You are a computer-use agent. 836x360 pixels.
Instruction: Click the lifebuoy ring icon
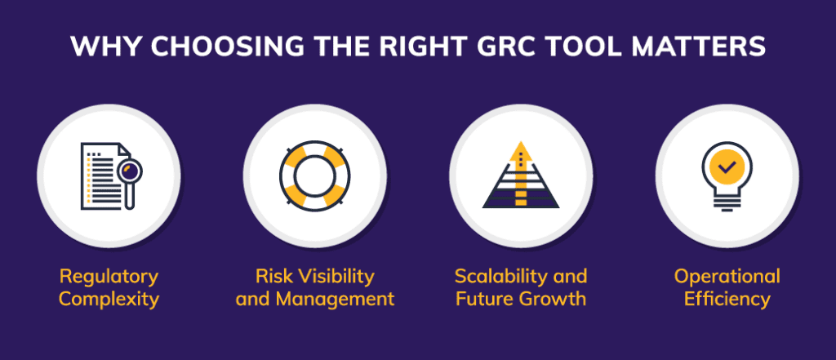point(314,176)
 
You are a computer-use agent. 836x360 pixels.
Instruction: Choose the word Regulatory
point(109,276)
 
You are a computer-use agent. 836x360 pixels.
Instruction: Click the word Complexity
point(109,299)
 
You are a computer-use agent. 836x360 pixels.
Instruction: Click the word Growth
point(554,299)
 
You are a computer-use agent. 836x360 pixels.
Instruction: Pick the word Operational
point(727,276)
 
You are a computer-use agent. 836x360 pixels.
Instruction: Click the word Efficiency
point(727,299)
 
